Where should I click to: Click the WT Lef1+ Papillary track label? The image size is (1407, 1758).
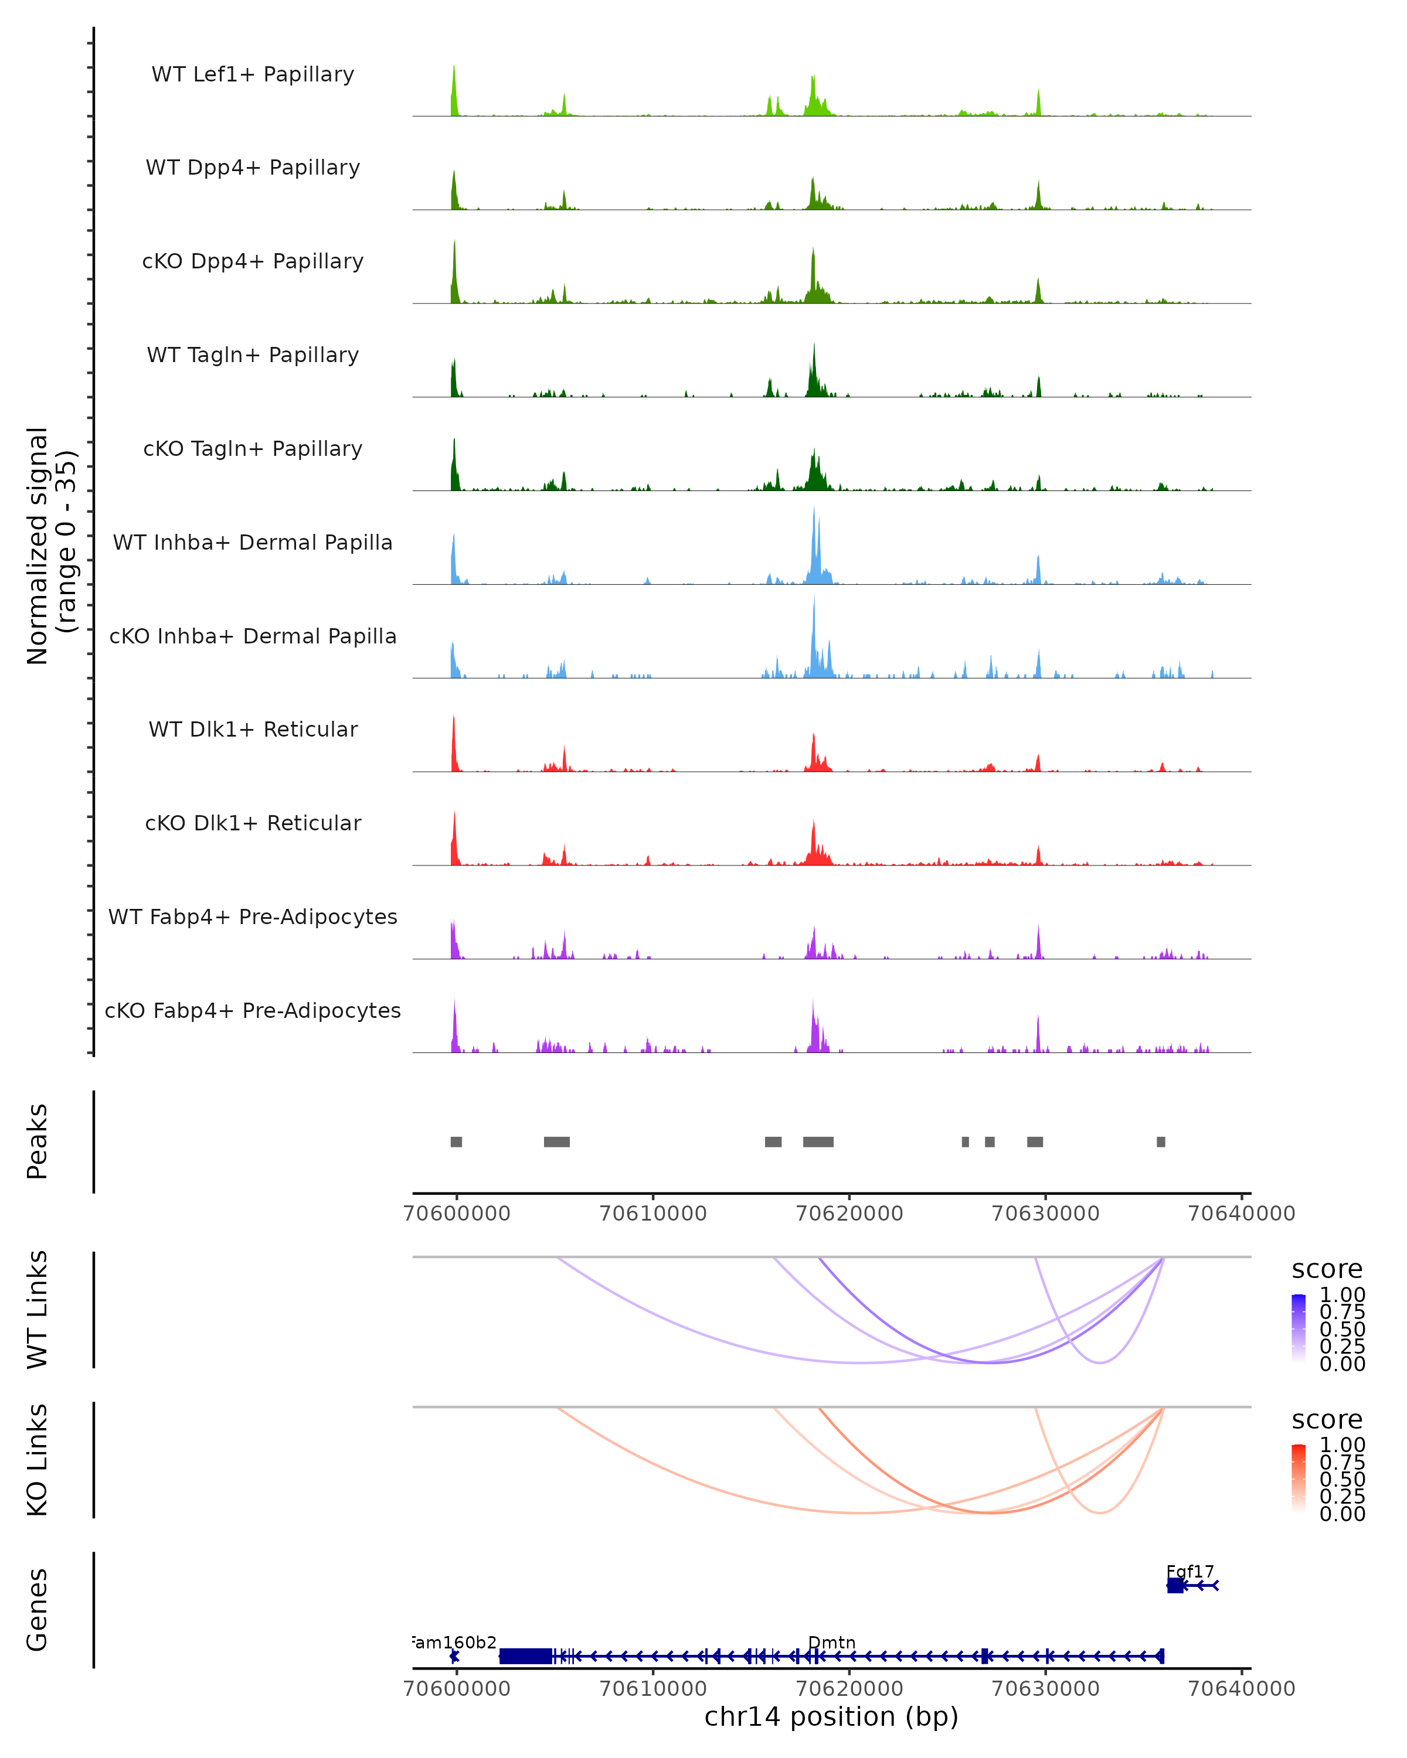tap(253, 74)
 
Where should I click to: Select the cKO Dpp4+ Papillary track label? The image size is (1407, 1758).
tap(253, 261)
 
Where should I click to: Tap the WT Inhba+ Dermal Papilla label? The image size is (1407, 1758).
tap(253, 542)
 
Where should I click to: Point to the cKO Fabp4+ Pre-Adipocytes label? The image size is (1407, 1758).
tap(253, 1010)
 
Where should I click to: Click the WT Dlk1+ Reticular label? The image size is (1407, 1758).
tap(253, 729)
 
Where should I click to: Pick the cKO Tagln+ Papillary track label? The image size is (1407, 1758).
tap(253, 448)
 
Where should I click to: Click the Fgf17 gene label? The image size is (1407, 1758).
tap(1190, 1571)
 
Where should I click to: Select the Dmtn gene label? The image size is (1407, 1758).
tap(831, 1642)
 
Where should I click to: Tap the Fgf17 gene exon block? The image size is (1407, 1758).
tap(1174, 1585)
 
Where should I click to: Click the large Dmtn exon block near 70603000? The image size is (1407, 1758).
tap(525, 1656)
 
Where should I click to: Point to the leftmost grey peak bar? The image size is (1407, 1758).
tap(456, 1142)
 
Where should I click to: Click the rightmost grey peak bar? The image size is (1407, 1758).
tap(1161, 1142)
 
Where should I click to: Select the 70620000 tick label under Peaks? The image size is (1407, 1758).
tap(849, 1214)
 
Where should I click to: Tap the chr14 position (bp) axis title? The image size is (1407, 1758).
tap(831, 1716)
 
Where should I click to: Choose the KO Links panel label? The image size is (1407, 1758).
tap(38, 1460)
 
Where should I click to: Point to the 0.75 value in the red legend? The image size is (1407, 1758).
tap(1342, 1462)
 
